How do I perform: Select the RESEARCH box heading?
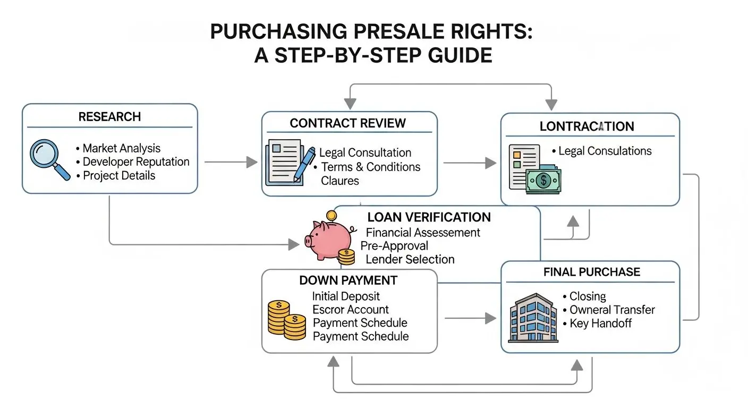coord(109,117)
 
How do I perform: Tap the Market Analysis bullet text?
coord(121,148)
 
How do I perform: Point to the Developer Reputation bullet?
coord(136,162)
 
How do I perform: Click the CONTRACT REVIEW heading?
coord(347,123)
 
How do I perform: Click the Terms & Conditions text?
coord(370,167)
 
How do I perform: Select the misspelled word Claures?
coord(339,181)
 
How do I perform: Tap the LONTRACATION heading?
coord(586,126)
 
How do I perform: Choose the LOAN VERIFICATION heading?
coord(429,217)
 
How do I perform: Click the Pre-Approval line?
coord(394,246)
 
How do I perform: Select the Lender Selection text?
coord(410,260)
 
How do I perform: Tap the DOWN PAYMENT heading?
coord(348,280)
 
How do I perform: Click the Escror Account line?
coord(350,310)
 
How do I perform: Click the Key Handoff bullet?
coord(600,323)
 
